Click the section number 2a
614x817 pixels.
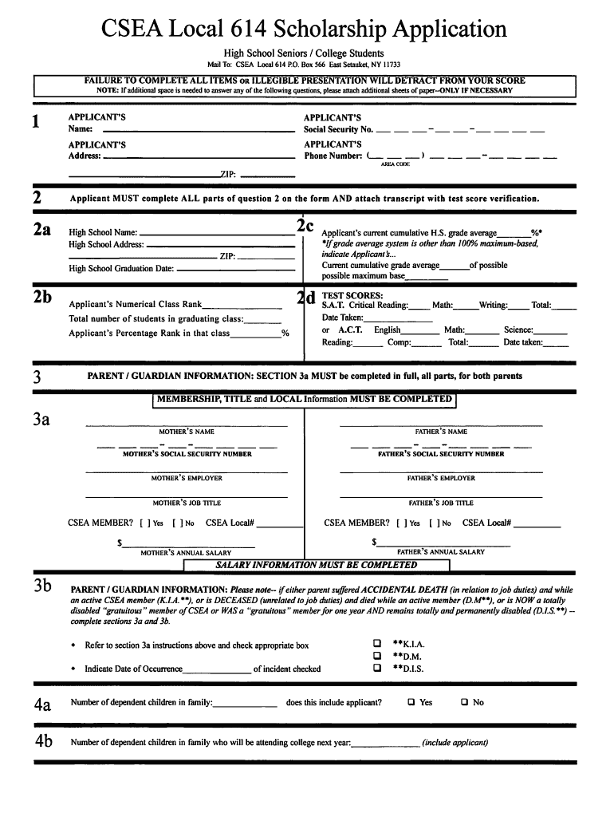point(41,230)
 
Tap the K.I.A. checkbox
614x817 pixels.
point(377,643)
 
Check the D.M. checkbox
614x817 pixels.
point(377,656)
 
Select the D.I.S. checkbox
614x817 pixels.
point(377,669)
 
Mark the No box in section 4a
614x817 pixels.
point(464,703)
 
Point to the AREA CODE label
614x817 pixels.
point(395,164)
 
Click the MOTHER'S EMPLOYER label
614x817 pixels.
point(187,479)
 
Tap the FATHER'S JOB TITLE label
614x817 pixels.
point(441,503)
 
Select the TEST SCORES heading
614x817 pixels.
point(352,295)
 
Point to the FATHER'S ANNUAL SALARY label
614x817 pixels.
point(441,552)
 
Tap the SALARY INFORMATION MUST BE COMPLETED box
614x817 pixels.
point(317,565)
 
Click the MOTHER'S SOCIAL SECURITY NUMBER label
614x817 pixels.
point(187,454)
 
